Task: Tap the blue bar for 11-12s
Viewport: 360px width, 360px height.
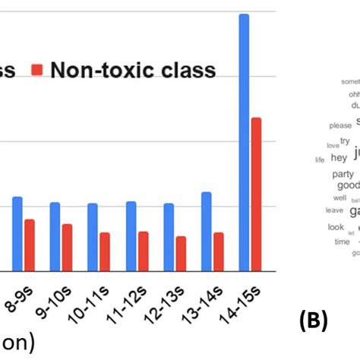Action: [131, 235]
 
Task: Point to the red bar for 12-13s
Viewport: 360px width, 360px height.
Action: [181, 253]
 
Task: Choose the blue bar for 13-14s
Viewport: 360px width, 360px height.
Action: [206, 231]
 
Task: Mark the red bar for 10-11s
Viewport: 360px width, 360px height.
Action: [105, 251]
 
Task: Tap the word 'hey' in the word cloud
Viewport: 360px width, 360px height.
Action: [339, 157]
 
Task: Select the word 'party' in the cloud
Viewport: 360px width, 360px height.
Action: [343, 174]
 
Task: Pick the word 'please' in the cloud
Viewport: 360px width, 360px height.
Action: [340, 125]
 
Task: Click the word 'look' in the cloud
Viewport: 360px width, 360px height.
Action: [336, 226]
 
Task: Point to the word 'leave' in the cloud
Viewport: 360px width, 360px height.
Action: [334, 210]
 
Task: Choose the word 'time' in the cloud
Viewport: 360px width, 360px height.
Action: [342, 242]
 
